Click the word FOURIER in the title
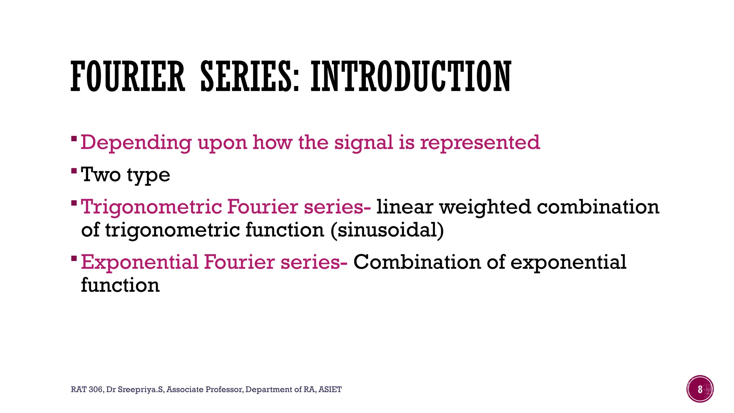(x=128, y=76)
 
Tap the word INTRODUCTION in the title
(x=411, y=76)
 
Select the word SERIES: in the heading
(x=250, y=76)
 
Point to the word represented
(x=480, y=143)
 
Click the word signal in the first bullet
(x=363, y=143)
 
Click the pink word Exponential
(x=139, y=262)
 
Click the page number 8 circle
(x=700, y=389)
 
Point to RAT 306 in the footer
(x=87, y=389)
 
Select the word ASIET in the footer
(x=330, y=389)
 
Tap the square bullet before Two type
(x=74, y=170)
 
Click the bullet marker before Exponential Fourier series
(x=74, y=258)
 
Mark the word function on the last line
(x=120, y=285)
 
